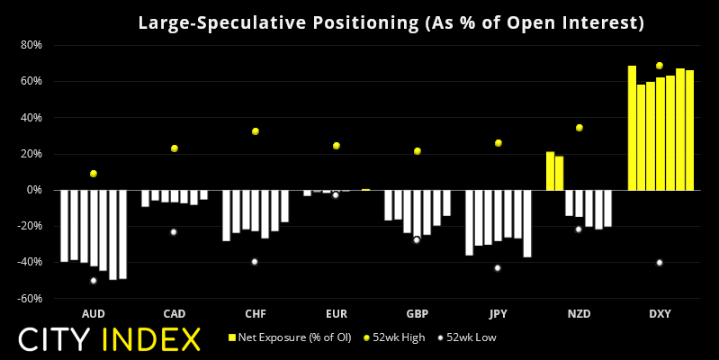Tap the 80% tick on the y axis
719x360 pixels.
click(31, 45)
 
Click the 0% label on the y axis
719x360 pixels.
click(34, 190)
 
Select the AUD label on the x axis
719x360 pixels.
click(93, 313)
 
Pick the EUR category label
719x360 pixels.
click(336, 313)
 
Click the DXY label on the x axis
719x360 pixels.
click(660, 313)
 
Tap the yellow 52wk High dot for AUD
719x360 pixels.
click(93, 174)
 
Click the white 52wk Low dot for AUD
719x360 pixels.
click(93, 281)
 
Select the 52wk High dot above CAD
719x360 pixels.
click(174, 148)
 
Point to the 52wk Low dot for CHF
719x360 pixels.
click(255, 262)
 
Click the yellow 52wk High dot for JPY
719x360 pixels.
click(498, 143)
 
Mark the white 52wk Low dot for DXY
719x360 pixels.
click(660, 263)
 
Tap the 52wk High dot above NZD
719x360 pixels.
click(579, 128)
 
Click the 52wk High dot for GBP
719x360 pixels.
click(417, 151)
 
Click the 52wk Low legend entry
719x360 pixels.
click(467, 337)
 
